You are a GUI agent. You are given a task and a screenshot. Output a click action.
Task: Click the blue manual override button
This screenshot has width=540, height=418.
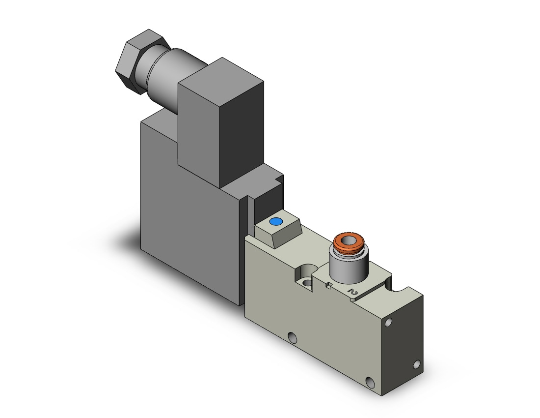point(276,221)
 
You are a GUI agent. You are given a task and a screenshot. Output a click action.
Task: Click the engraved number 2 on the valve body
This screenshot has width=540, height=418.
point(353,292)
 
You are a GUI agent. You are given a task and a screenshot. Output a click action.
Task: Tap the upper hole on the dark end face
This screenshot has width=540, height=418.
point(389,323)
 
